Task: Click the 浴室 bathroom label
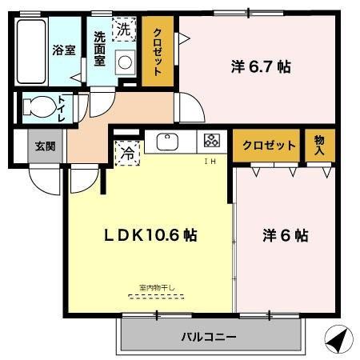coord(63,49)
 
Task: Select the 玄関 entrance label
coord(45,146)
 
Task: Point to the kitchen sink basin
coord(169,142)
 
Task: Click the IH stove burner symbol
coord(212,142)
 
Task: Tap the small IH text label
coord(210,162)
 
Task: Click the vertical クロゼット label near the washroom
coord(158,51)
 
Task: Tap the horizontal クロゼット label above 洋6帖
coord(270,146)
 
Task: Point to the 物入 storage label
coord(320,145)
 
